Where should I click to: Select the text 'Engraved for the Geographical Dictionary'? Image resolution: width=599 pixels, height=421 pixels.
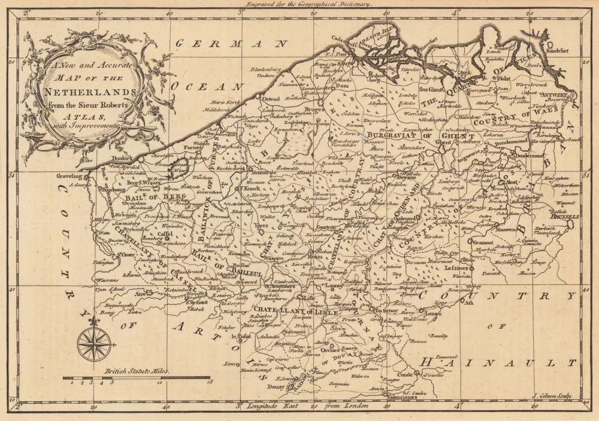click(x=305, y=4)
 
